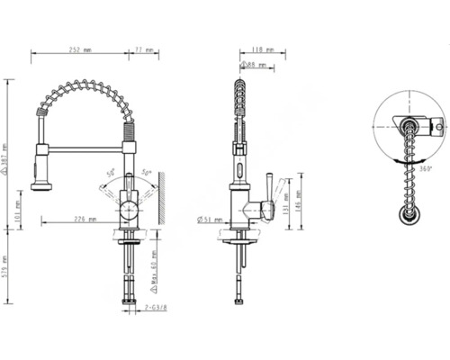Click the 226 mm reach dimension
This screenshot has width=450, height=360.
click(x=84, y=218)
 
